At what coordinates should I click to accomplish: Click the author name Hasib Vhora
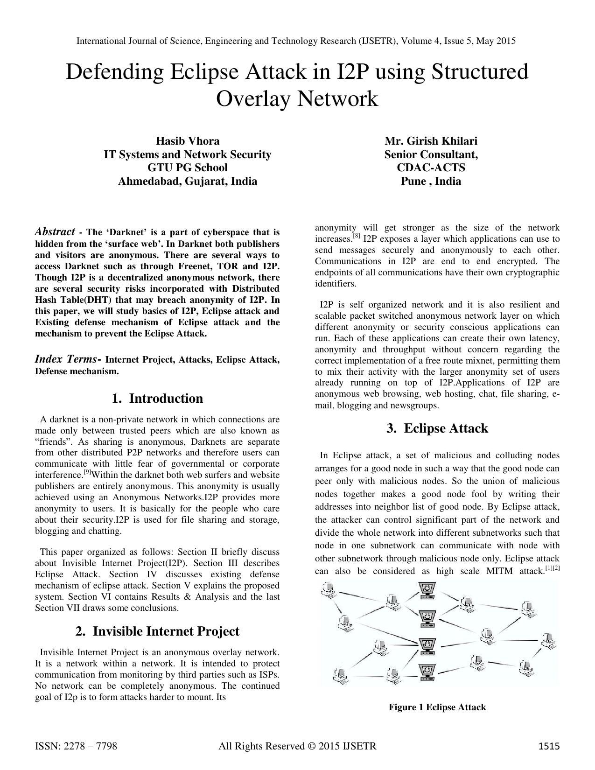(187, 141)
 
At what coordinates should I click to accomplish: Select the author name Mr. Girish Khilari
(430, 141)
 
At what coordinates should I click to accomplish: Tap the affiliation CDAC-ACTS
(430, 168)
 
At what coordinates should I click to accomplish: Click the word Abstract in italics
(55, 232)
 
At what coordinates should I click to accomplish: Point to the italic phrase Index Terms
(65, 359)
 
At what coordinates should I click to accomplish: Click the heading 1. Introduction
(157, 399)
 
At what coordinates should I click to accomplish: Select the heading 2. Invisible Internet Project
(157, 631)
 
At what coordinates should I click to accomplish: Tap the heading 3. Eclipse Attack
(437, 428)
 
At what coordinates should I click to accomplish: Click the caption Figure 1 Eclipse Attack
(437, 707)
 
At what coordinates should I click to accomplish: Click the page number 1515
(548, 746)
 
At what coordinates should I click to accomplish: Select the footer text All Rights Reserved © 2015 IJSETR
(297, 746)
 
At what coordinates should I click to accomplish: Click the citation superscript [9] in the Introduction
(87, 472)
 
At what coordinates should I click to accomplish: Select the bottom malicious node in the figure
(426, 672)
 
